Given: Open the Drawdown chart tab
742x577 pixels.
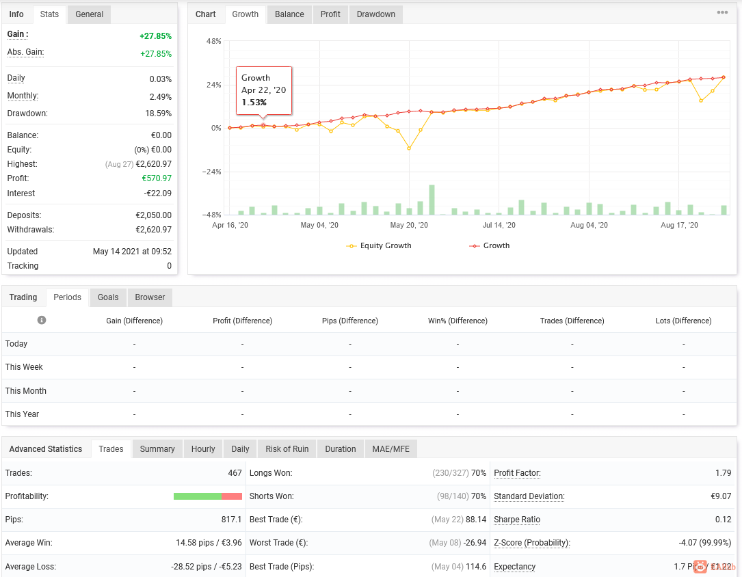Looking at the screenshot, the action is click(x=375, y=14).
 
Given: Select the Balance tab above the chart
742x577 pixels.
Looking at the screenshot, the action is click(x=289, y=14).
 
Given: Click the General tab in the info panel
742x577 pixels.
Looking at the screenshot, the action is click(x=89, y=14).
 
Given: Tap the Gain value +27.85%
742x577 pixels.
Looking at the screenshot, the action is click(x=155, y=36).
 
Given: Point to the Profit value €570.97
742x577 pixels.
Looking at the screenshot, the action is click(x=157, y=178).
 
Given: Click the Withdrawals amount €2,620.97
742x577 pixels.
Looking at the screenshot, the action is click(x=153, y=230).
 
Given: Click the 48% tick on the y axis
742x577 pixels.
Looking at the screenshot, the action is click(x=213, y=41).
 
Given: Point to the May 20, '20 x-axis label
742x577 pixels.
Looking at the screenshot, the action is click(x=409, y=225).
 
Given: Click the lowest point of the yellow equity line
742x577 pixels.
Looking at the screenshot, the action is click(x=409, y=148).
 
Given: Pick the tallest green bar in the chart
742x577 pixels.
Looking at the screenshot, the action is click(x=432, y=200).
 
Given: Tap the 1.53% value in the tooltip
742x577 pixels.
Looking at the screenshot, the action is click(x=254, y=103).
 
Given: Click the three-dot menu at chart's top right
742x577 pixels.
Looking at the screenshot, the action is click(x=722, y=12).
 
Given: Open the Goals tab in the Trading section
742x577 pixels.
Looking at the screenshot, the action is click(x=108, y=297).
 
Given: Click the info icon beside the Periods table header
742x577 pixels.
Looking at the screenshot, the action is click(x=42, y=320).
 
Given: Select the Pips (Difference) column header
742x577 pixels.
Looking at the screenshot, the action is click(x=349, y=321).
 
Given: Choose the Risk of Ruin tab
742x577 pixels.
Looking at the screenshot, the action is click(x=287, y=449).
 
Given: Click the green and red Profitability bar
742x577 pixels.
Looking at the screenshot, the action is click(x=208, y=496).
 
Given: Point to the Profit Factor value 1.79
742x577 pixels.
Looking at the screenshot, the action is click(x=723, y=473).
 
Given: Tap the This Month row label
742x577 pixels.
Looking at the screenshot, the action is click(x=25, y=390).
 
